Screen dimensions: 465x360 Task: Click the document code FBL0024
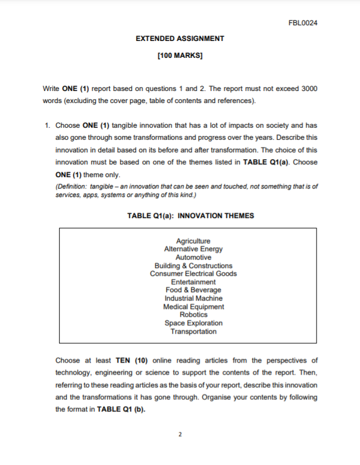pos(303,23)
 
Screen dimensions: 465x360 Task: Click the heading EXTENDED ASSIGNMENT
pos(180,39)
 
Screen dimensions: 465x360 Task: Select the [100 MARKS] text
pos(179,57)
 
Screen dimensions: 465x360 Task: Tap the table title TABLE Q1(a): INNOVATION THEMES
pos(190,216)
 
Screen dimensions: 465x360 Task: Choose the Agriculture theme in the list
pos(193,241)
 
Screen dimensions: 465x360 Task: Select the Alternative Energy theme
pos(193,249)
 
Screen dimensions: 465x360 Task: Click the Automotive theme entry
pos(193,257)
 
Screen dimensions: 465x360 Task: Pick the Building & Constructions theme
pos(193,266)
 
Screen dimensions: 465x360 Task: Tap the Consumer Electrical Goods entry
pos(193,273)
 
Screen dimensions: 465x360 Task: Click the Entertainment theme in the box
pos(193,282)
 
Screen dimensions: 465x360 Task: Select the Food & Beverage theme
pos(193,290)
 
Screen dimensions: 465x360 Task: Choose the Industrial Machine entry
pos(193,298)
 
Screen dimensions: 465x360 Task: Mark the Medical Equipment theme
pos(193,307)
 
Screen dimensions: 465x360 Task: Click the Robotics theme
pos(193,314)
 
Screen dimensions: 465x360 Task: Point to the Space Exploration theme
pos(193,323)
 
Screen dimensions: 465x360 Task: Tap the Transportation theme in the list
pos(193,331)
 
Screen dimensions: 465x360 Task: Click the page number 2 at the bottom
pos(180,434)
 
